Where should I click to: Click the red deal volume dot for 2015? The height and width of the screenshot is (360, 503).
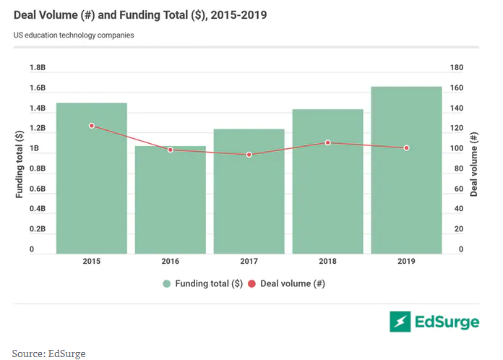tap(92, 126)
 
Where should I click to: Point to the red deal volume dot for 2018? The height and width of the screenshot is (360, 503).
tap(327, 142)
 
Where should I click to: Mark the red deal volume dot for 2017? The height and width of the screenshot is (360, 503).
tap(249, 155)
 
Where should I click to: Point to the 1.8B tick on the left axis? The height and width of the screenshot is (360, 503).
tap(38, 68)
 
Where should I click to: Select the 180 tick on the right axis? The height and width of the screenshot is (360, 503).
tap(456, 68)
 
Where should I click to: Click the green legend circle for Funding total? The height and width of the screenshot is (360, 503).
tap(167, 284)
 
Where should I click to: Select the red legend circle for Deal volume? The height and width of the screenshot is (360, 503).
tap(252, 284)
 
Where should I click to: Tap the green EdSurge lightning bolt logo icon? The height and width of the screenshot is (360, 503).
tap(400, 321)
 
